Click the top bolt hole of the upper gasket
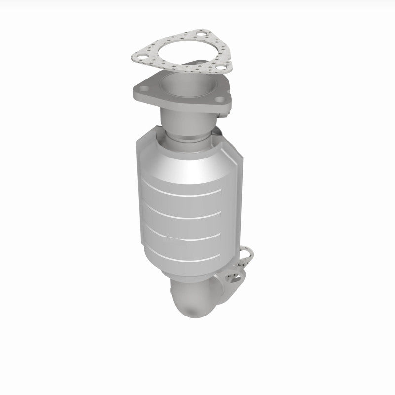[x=200, y=35]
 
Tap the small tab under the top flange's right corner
[x=225, y=116]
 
